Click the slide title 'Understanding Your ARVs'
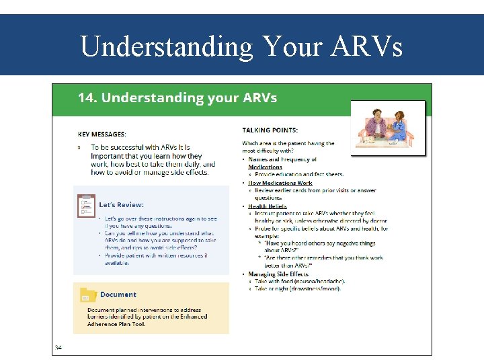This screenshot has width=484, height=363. [241, 46]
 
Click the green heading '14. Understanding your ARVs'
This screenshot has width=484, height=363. [177, 97]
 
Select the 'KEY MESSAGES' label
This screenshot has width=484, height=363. [101, 134]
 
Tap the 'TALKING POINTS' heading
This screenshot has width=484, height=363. [270, 130]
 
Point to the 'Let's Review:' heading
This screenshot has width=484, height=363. [121, 204]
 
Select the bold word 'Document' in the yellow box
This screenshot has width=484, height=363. [118, 294]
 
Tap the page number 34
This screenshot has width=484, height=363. [58, 348]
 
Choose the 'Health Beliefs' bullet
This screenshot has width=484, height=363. [267, 206]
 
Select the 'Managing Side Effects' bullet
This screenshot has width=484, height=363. [278, 274]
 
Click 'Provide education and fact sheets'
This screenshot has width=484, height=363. [299, 174]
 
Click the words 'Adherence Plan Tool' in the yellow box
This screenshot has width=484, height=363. [116, 324]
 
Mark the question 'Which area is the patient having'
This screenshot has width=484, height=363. [288, 143]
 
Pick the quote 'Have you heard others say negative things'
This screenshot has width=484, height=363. [320, 243]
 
